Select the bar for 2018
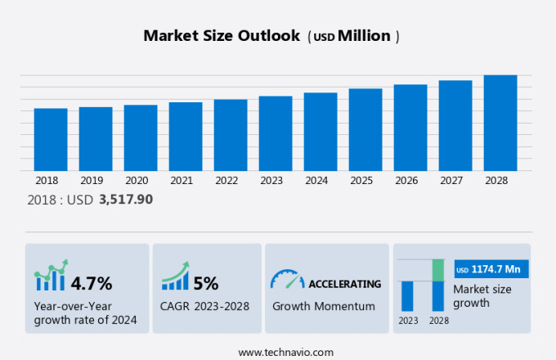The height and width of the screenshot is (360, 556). pyautogui.click(x=51, y=139)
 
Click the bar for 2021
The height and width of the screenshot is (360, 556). pyautogui.click(x=186, y=136)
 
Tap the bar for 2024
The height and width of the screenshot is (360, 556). pyautogui.click(x=321, y=131)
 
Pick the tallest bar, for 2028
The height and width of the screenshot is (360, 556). pyautogui.click(x=500, y=123)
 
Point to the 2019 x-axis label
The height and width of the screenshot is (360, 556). pyautogui.click(x=92, y=181)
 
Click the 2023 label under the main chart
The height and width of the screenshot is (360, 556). pyautogui.click(x=276, y=181)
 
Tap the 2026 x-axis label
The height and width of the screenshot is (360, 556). pyautogui.click(x=410, y=181)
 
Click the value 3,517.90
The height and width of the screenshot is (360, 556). pyautogui.click(x=125, y=199)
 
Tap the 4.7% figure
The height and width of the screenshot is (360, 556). pyautogui.click(x=92, y=284)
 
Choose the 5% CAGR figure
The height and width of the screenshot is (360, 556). pyautogui.click(x=206, y=284)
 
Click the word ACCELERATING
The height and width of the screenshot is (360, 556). pyautogui.click(x=344, y=284)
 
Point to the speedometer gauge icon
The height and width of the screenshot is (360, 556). pyautogui.click(x=286, y=280)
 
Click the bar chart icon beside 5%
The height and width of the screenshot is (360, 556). pyautogui.click(x=174, y=278)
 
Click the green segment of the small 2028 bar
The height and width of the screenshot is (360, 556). pyautogui.click(x=438, y=270)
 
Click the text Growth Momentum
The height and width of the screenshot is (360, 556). pyautogui.click(x=324, y=307)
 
